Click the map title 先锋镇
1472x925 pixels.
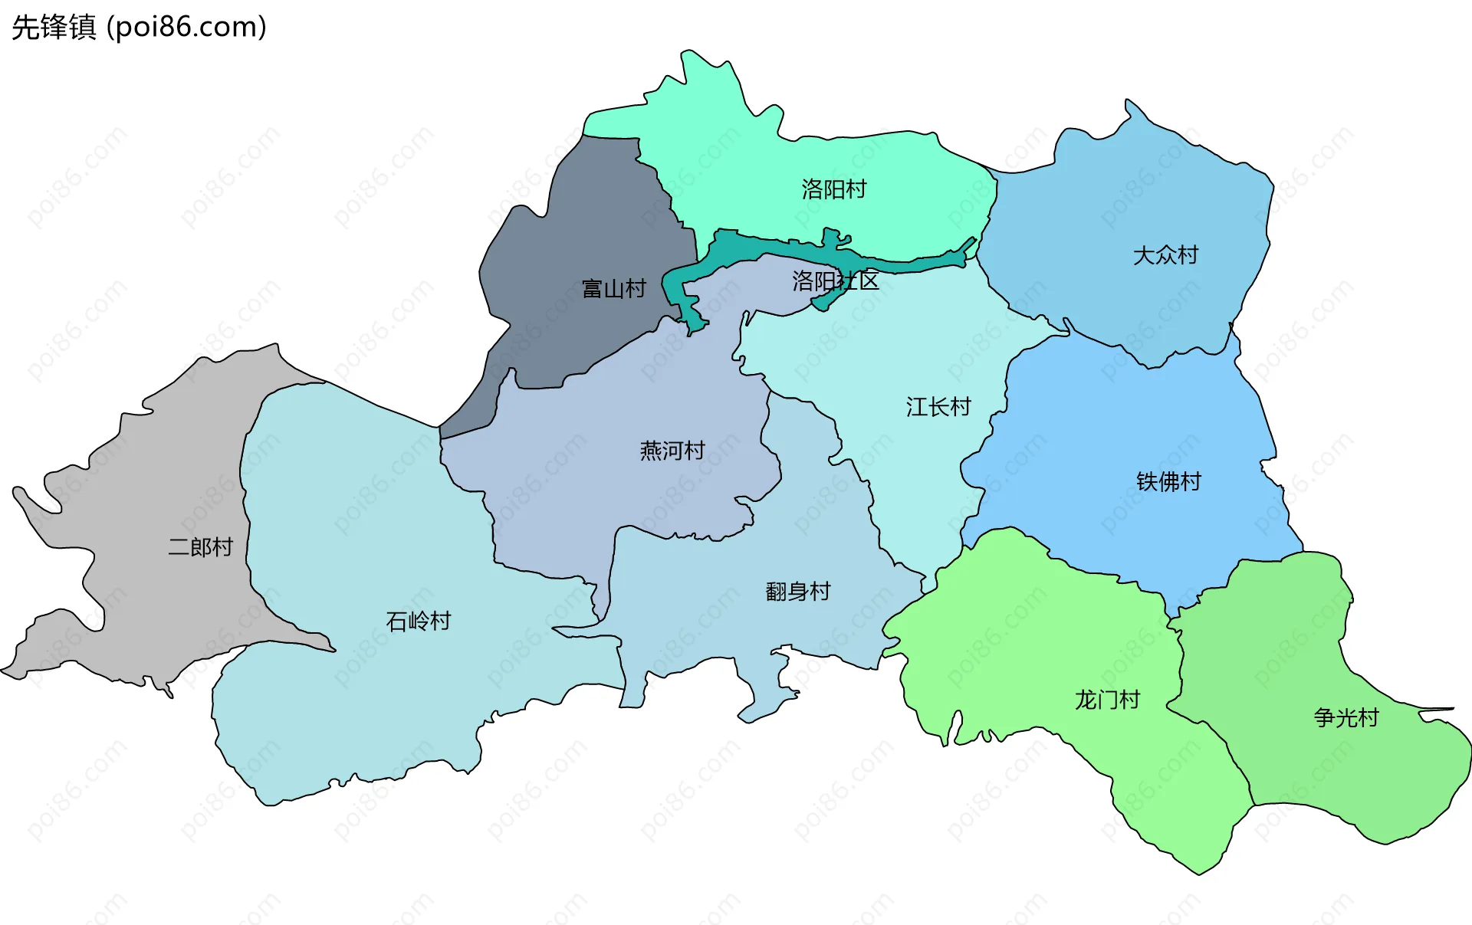point(54,28)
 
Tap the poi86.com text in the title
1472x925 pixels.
point(186,28)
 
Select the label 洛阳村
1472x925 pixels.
point(833,189)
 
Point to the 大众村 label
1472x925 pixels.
point(1165,255)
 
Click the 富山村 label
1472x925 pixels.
point(613,289)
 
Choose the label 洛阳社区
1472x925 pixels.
point(835,281)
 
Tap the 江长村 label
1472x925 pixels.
point(938,406)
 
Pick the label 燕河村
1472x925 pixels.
point(672,451)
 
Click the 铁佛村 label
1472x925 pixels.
point(1168,482)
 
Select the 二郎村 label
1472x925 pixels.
point(200,547)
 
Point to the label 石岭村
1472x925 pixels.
point(418,622)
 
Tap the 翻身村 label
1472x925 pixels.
point(797,592)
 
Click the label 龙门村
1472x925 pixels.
point(1106,700)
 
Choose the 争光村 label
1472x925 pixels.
point(1345,718)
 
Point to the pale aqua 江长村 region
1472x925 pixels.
point(905,345)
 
